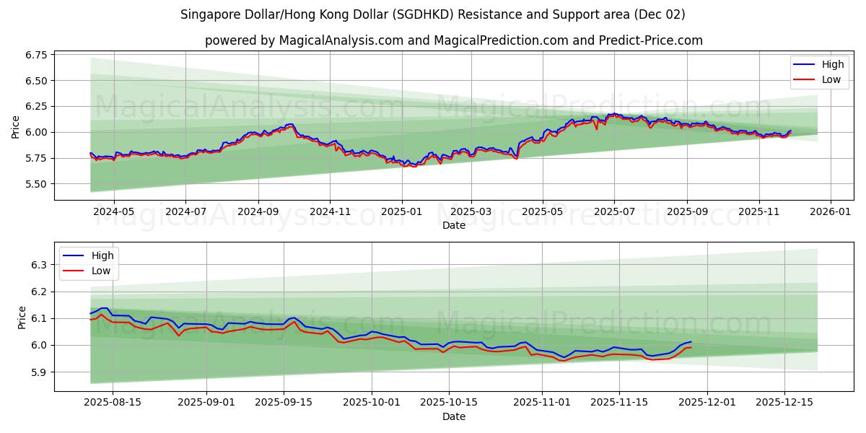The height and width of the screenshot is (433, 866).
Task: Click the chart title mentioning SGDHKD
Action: pos(432,14)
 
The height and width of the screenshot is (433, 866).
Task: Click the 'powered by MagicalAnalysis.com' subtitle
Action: pos(453,40)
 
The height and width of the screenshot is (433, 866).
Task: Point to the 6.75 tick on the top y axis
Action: pos(35,55)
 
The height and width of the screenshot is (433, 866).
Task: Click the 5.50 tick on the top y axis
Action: pos(35,184)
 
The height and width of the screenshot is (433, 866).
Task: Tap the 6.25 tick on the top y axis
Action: pos(35,106)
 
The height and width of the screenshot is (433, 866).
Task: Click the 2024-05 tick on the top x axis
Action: pos(113,212)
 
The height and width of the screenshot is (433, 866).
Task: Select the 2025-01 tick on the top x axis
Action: pos(401,212)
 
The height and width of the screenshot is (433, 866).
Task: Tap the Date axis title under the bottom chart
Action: pos(453,416)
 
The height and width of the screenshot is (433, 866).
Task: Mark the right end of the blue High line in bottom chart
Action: pos(691,342)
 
